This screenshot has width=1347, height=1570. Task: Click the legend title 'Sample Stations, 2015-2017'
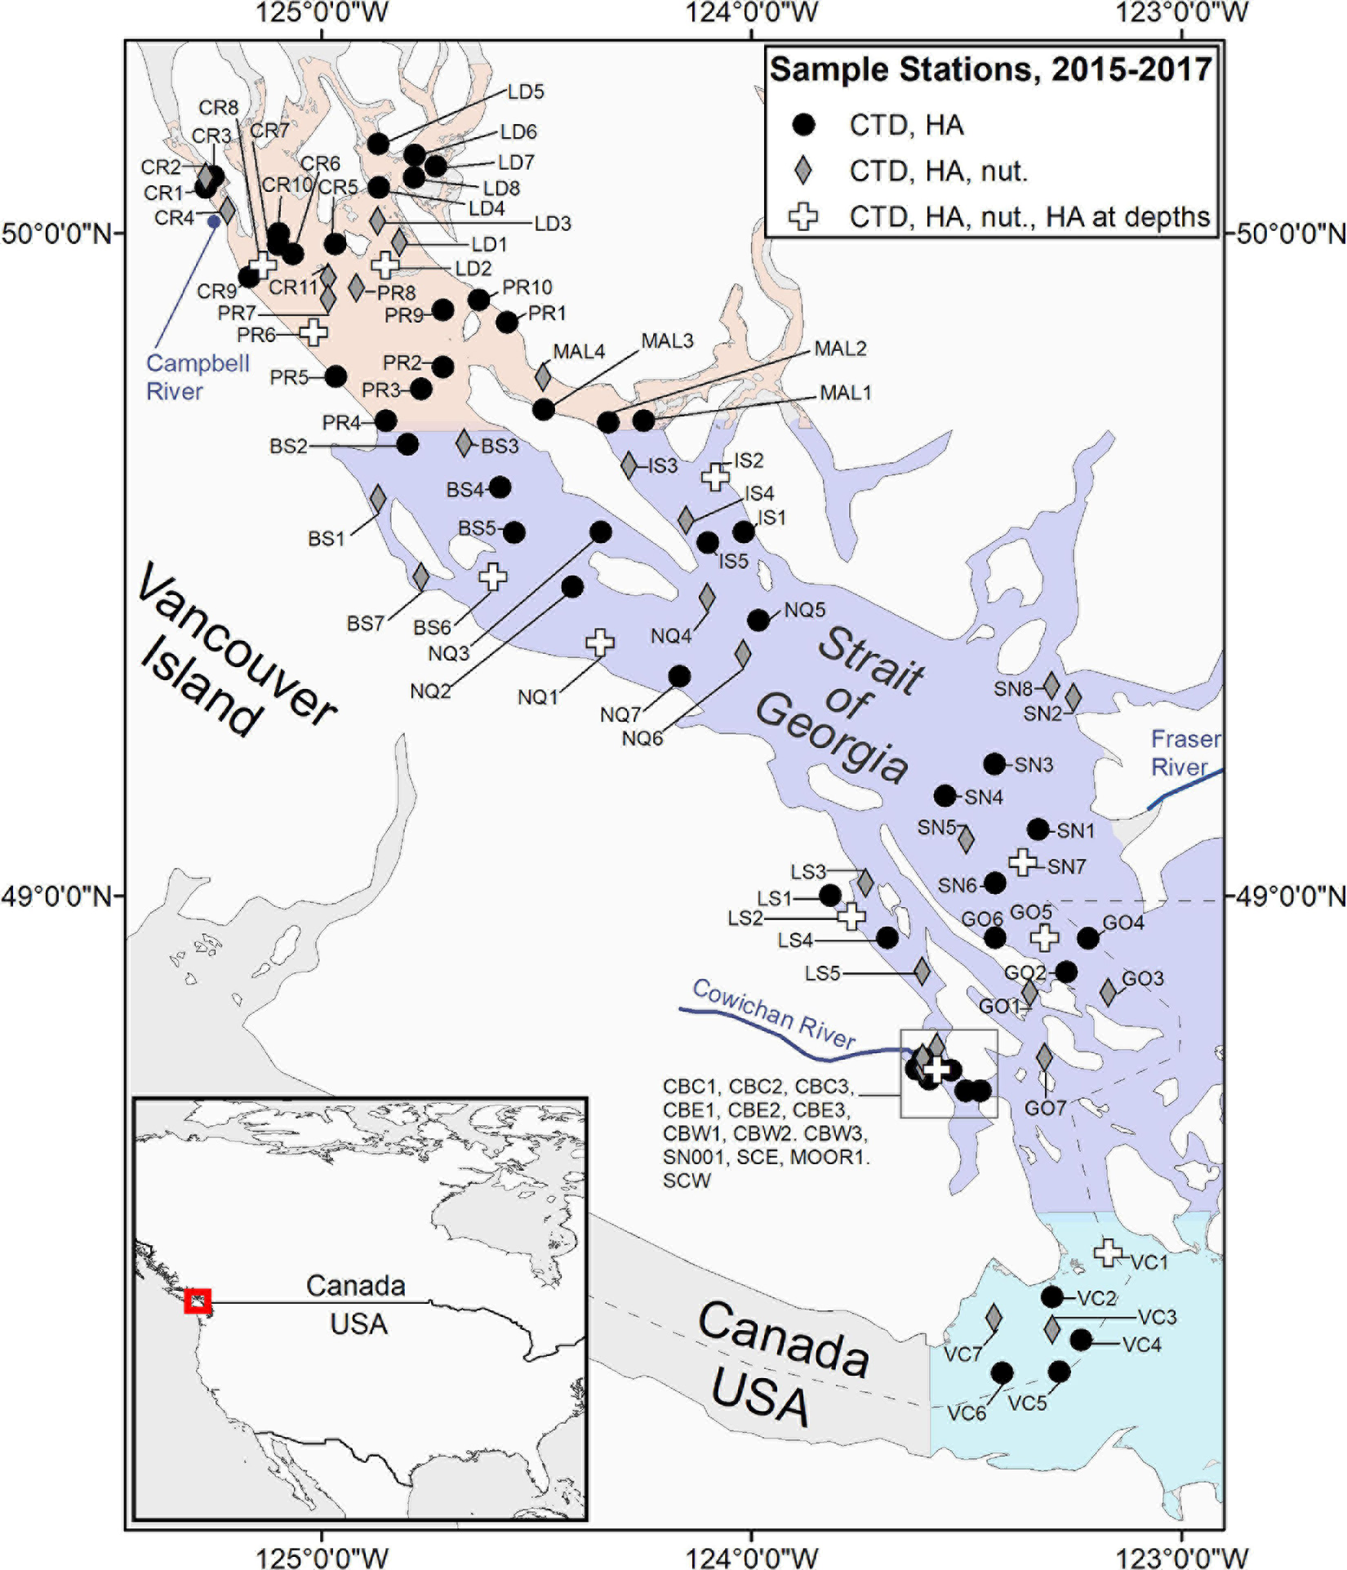pos(990,69)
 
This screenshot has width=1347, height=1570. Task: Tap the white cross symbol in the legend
pos(804,216)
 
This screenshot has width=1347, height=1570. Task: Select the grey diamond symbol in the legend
pos(804,171)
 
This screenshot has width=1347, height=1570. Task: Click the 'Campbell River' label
pos(198,376)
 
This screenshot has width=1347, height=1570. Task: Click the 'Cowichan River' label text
pos(773,1013)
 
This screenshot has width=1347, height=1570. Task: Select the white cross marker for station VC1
pos(1107,1252)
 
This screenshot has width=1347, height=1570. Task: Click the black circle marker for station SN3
pos(994,764)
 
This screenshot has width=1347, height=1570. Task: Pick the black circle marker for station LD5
pos(378,145)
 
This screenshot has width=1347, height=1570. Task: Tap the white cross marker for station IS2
pos(716,477)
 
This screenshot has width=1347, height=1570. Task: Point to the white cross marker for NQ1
pos(600,643)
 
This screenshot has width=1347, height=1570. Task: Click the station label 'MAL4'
pos(579,352)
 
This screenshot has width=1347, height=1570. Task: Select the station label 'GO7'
pos(1045,1108)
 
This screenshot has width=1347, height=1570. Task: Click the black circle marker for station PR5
pos(336,376)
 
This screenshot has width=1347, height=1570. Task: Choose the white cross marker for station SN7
pos(1022,861)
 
